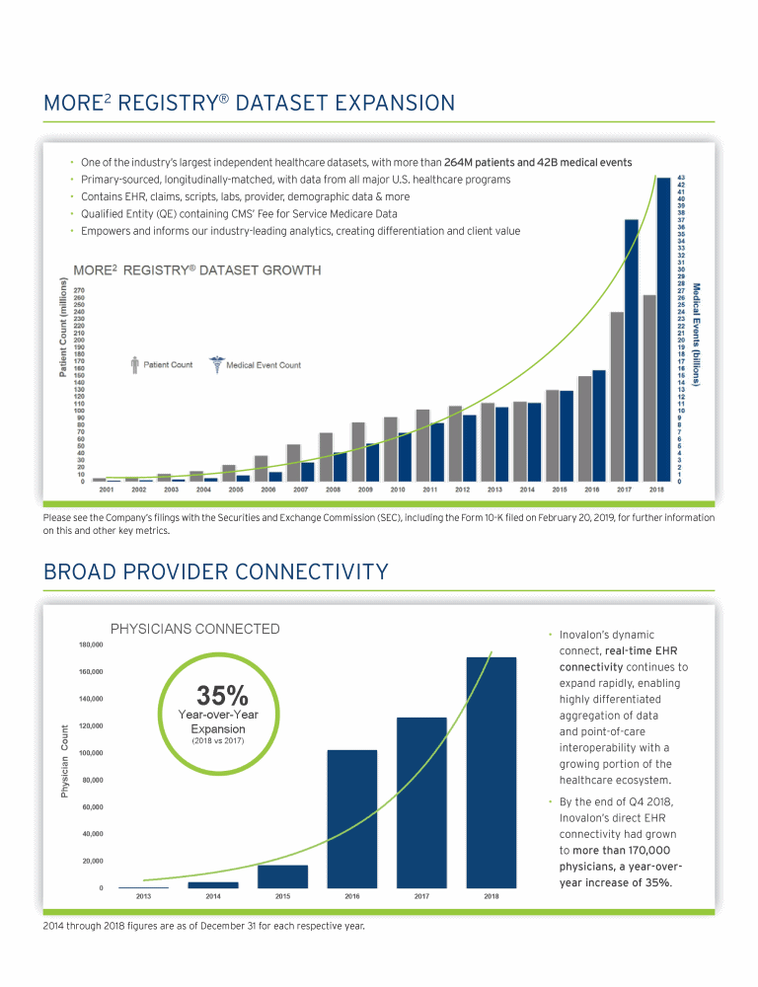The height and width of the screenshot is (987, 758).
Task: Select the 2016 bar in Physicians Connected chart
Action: [351, 818]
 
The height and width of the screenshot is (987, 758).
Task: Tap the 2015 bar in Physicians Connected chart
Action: [282, 876]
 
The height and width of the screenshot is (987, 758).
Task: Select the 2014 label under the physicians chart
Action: [212, 897]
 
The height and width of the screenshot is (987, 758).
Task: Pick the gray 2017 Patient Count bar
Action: [617, 396]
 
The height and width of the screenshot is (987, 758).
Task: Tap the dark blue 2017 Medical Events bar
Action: [632, 349]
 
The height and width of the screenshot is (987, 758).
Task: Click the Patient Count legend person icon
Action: [135, 364]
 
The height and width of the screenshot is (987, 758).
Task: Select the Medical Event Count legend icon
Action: [216, 364]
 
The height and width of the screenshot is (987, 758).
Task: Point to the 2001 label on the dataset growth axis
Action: [107, 489]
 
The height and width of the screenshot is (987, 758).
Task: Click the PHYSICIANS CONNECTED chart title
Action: [194, 629]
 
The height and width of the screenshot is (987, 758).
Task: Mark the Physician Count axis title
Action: [65, 762]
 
